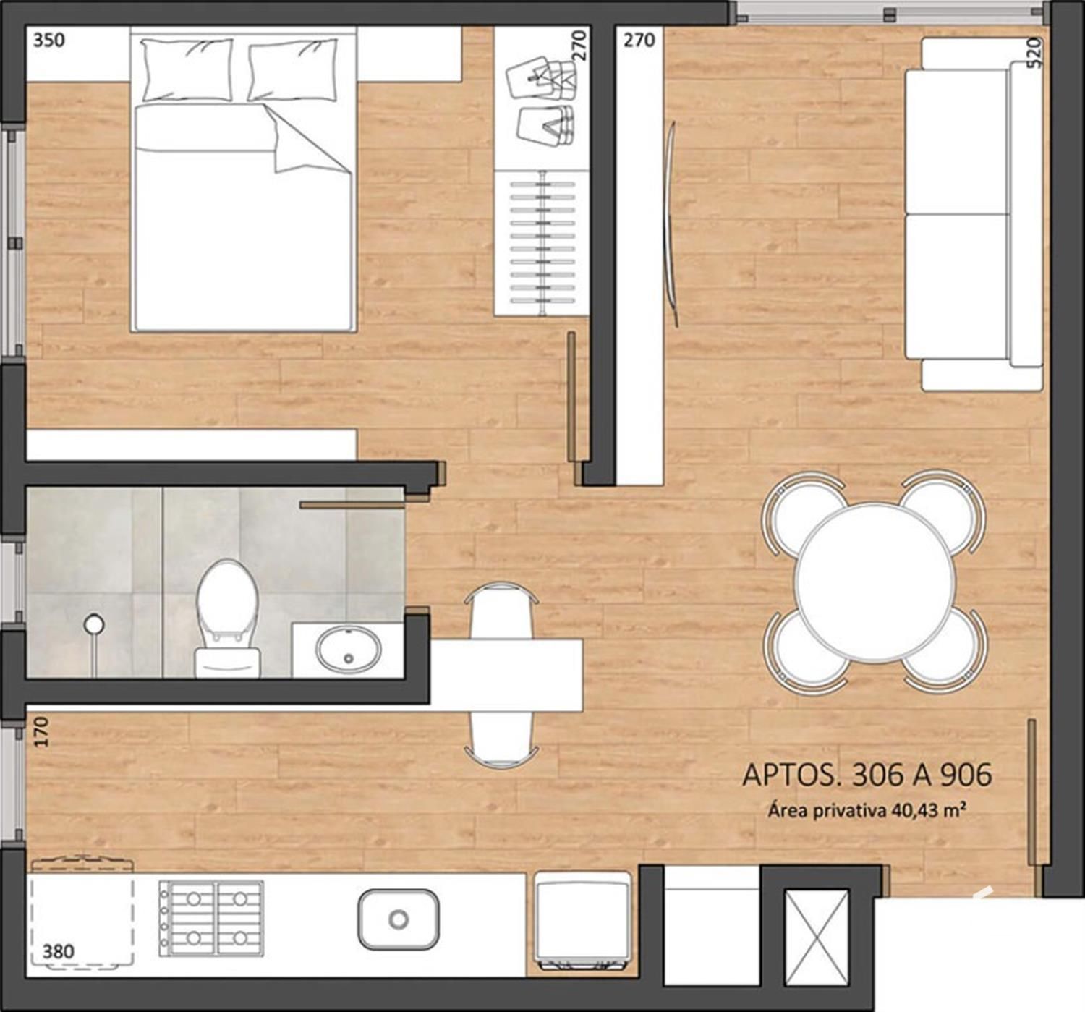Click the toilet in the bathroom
click(x=226, y=618)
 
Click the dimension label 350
click(x=48, y=41)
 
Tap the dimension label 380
click(x=58, y=951)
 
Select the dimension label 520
click(x=1035, y=53)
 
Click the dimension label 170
click(x=41, y=731)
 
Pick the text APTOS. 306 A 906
click(x=867, y=775)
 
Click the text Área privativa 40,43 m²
click(x=865, y=811)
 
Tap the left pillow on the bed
click(x=187, y=70)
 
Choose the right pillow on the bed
click(x=293, y=70)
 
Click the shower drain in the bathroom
click(x=94, y=624)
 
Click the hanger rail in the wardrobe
click(x=542, y=242)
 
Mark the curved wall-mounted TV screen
click(x=671, y=224)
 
